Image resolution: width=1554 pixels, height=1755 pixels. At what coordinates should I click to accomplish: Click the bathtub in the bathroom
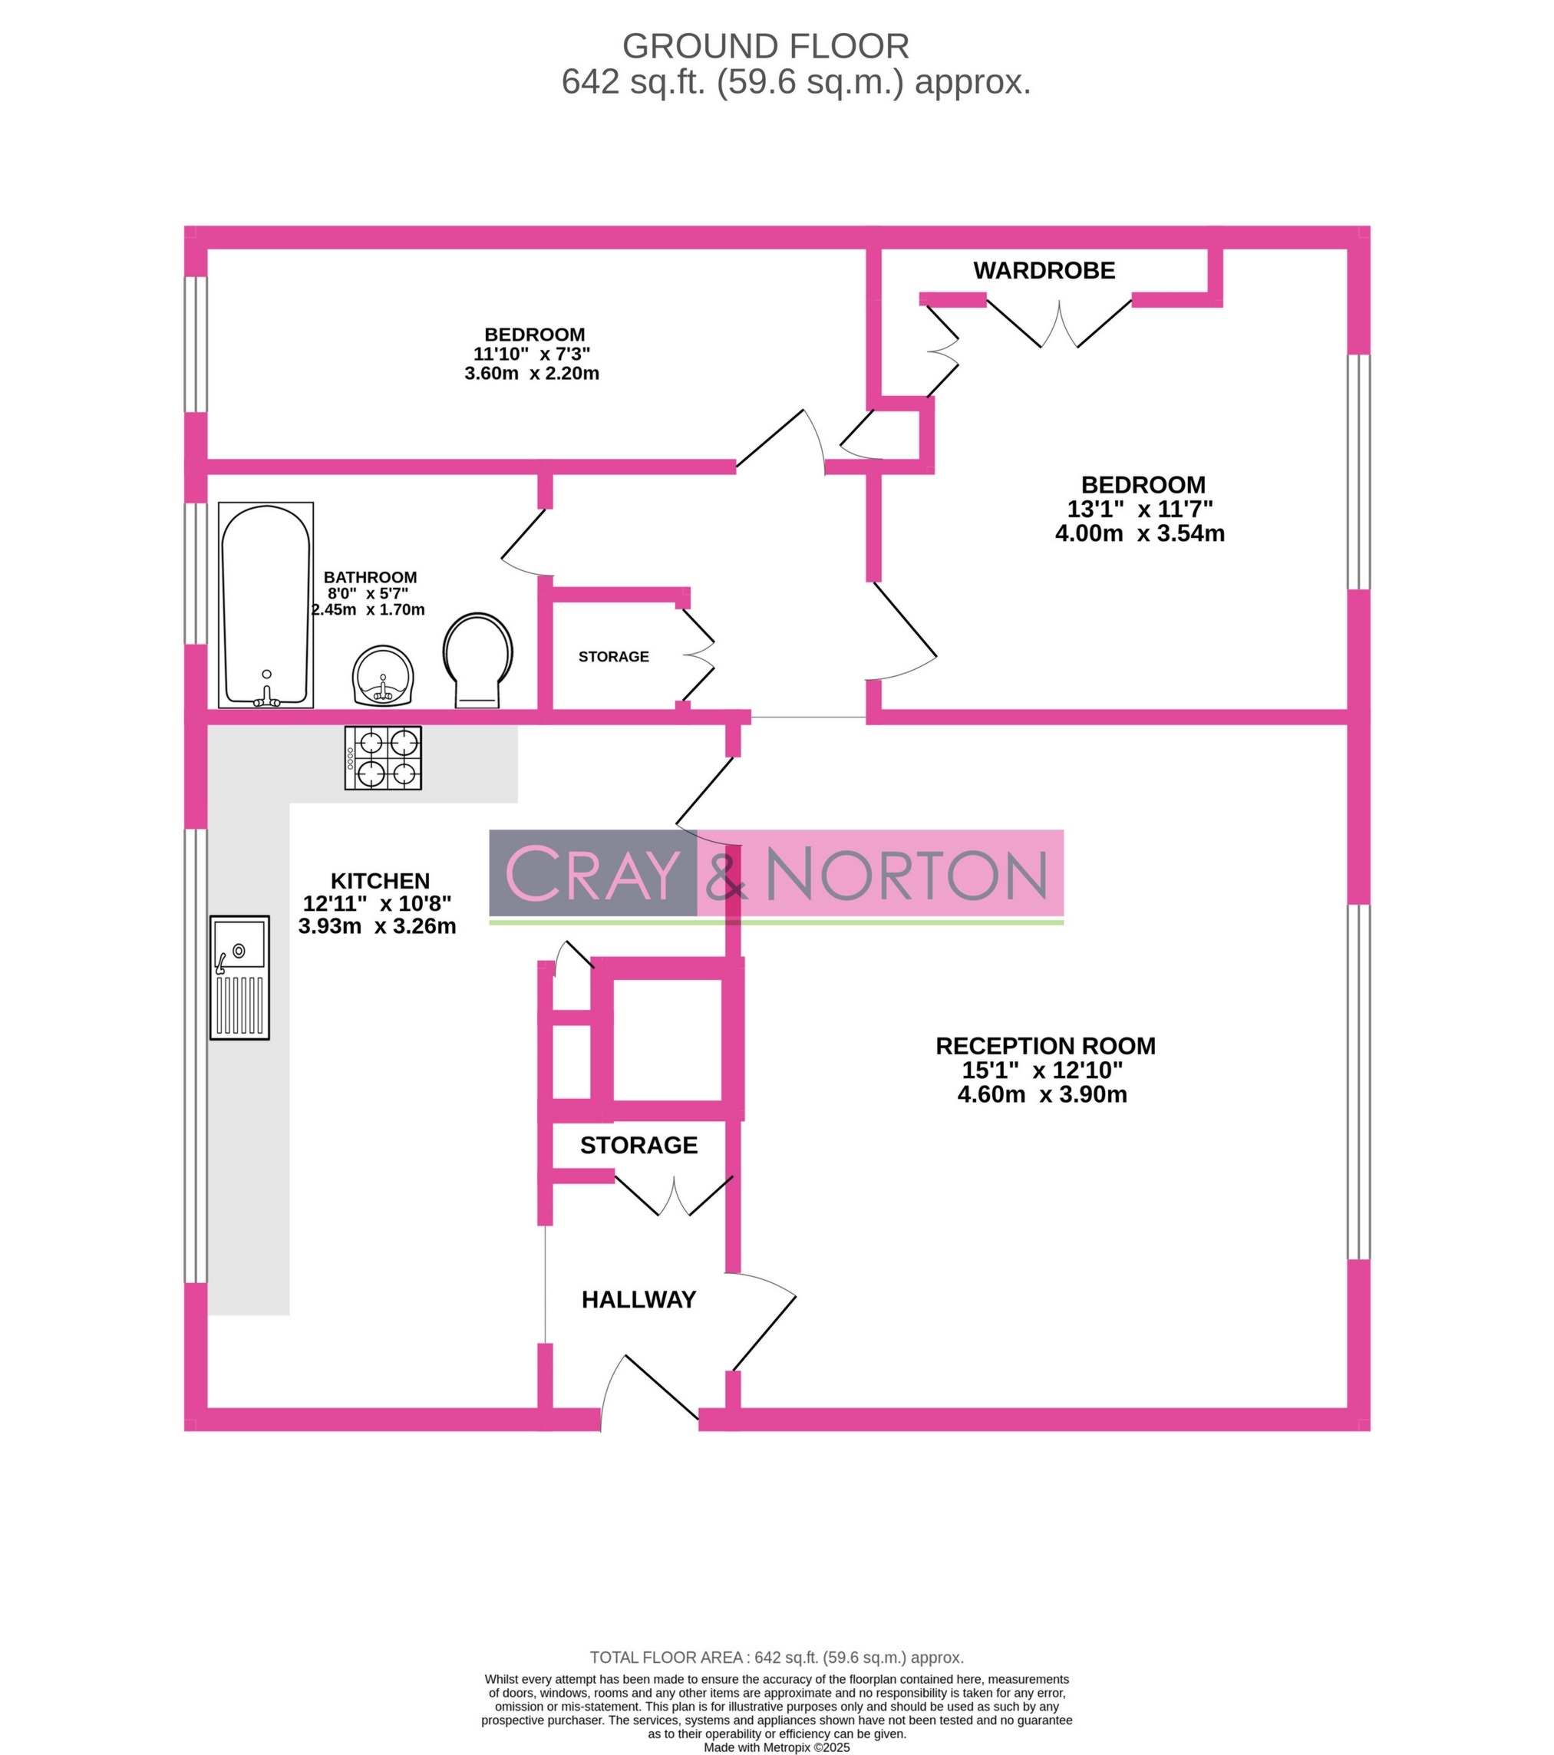266,605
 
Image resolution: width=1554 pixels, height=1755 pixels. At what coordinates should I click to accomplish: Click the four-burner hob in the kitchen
383,757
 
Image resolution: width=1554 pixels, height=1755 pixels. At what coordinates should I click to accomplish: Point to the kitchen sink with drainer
239,977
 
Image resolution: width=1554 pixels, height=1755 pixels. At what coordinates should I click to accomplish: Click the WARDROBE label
1043,270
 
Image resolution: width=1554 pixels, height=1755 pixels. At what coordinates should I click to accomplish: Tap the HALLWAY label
638,1299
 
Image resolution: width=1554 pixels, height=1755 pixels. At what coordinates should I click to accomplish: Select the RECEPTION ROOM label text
1045,1046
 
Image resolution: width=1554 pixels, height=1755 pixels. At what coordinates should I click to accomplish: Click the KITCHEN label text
380,881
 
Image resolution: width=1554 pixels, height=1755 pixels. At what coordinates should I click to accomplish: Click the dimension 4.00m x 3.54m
1140,533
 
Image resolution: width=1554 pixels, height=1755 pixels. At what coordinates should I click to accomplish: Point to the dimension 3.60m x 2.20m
532,374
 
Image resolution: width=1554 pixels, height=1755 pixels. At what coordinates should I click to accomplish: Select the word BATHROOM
370,577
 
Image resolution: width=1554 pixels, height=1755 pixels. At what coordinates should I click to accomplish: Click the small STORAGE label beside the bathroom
613,657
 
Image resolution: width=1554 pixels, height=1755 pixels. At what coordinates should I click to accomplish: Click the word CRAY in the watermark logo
592,873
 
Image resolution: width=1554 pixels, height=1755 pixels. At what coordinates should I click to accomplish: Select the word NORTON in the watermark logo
906,875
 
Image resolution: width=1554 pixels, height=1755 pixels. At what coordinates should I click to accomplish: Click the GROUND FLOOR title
765,46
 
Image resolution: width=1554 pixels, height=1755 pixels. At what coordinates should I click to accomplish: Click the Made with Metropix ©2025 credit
776,1747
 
